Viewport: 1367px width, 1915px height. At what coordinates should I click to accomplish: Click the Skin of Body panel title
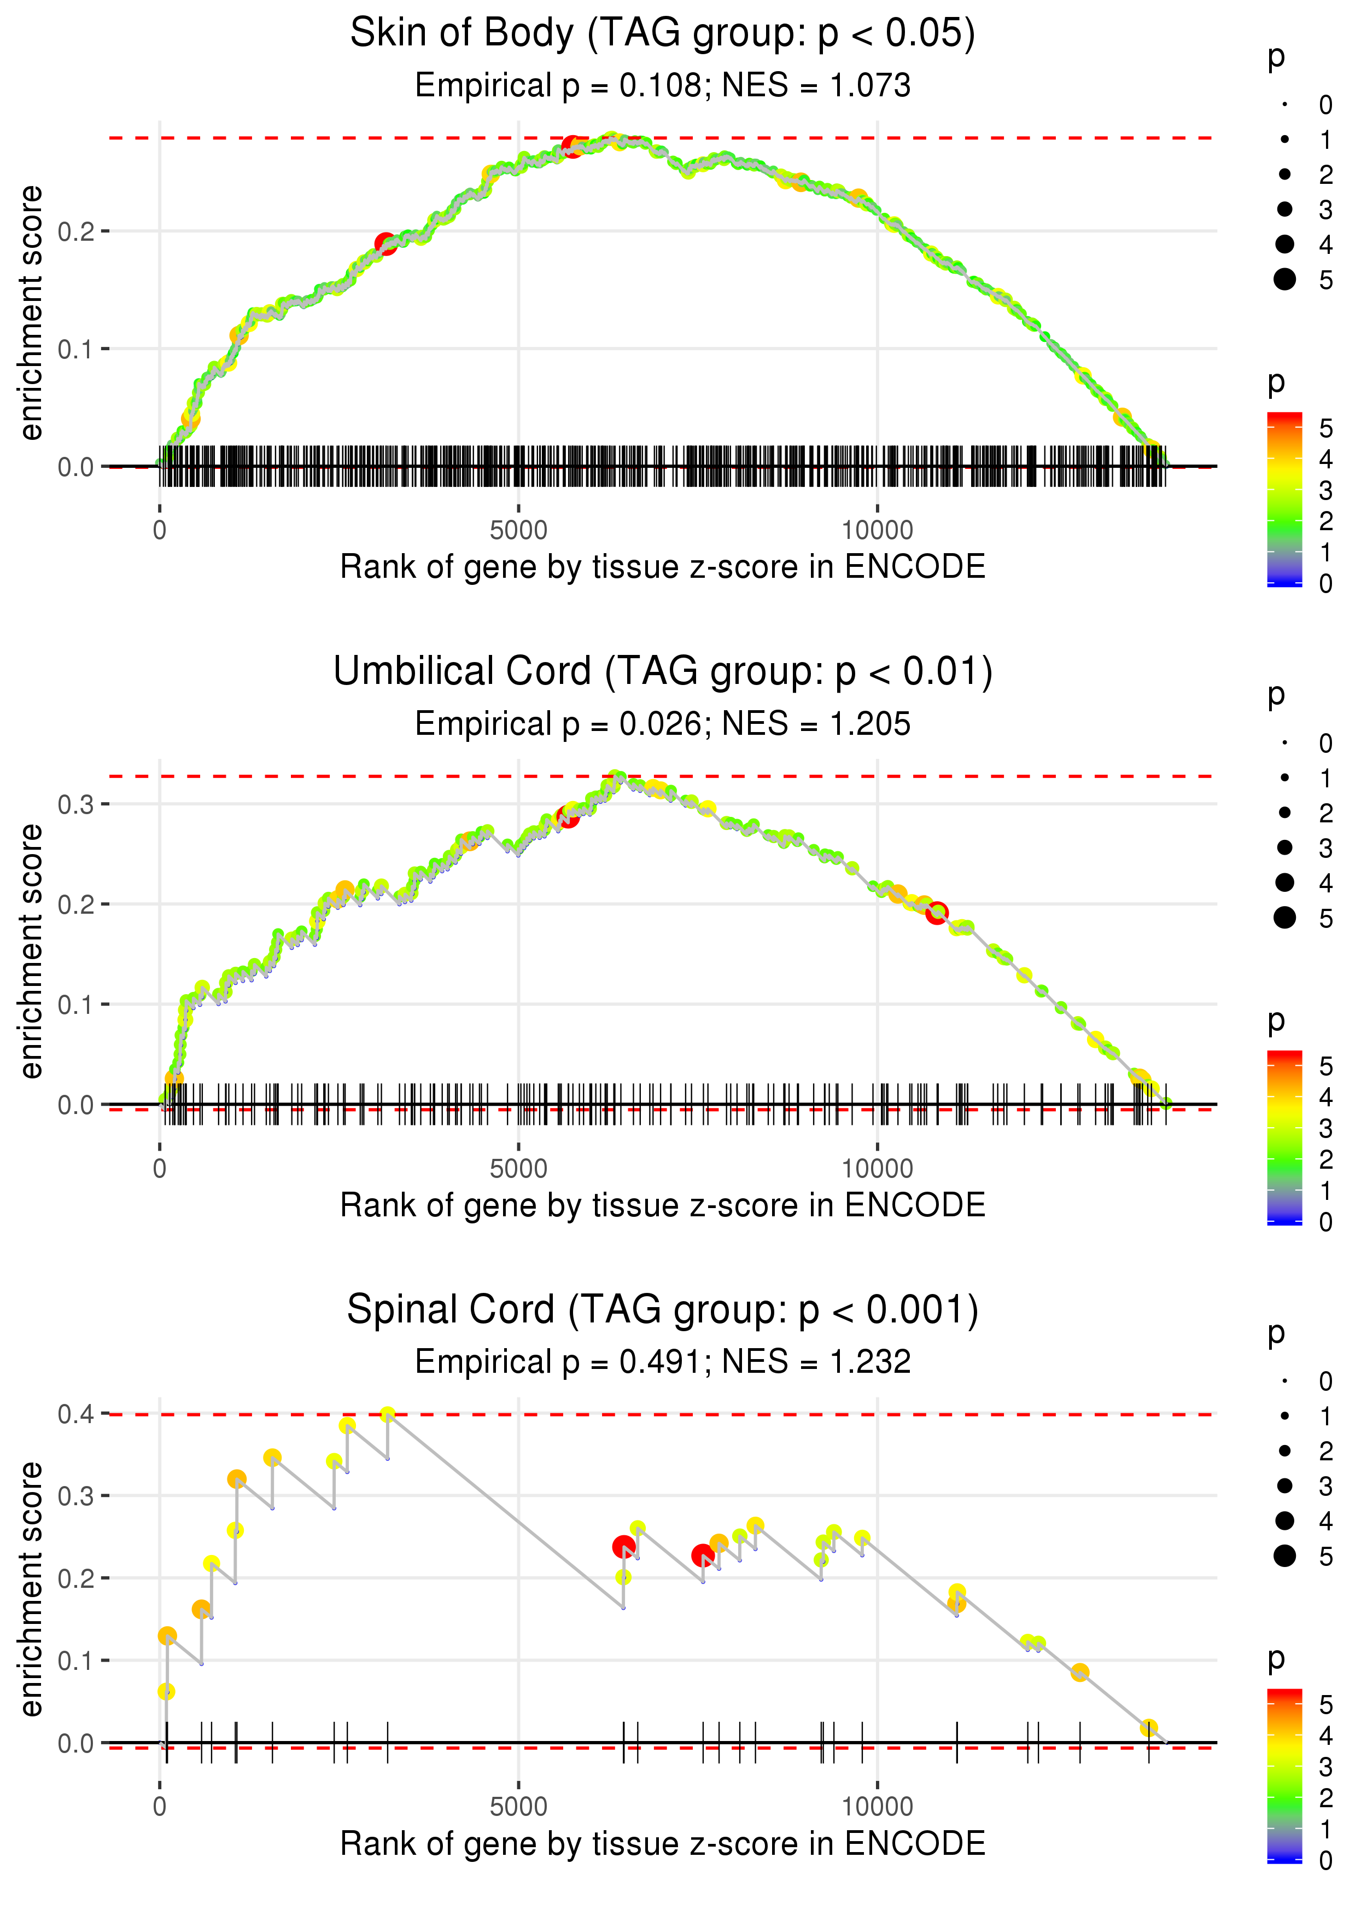pos(663,34)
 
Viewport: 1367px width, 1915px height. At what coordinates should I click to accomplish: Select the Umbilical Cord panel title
pos(663,672)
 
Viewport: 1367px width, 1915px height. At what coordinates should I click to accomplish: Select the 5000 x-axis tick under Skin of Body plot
pos(518,531)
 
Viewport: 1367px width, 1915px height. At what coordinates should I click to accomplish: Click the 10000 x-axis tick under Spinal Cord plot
pos(877,1806)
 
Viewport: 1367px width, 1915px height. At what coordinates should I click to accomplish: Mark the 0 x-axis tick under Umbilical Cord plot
pos(160,1169)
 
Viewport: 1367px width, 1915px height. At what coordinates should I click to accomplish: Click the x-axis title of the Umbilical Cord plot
pos(663,1205)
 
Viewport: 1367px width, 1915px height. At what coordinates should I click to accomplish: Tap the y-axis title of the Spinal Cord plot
pos(31,1588)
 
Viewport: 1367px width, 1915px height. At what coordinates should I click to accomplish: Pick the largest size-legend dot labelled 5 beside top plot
pos(1284,278)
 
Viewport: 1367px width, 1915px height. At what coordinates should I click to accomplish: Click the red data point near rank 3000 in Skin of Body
pos(385,244)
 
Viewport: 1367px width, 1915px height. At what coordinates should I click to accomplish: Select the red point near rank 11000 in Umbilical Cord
pos(937,912)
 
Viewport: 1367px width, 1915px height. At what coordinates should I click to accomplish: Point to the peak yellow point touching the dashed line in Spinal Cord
pos(387,1414)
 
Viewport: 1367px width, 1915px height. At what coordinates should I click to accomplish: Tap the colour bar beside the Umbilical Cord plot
pos(1284,1137)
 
